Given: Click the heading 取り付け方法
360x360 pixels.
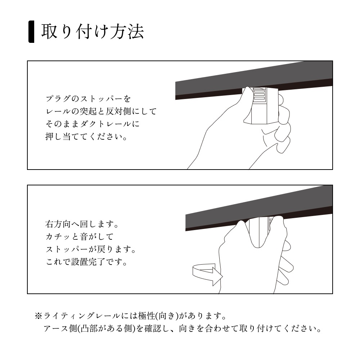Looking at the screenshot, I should [93, 32].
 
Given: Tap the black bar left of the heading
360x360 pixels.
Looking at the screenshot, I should [31, 32].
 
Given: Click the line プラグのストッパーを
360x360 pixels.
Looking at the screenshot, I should [88, 98].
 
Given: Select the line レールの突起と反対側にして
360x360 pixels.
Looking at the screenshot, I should [101, 111].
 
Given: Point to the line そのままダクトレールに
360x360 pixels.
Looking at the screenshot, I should [92, 124].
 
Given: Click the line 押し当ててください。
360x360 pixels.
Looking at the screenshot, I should [86, 137].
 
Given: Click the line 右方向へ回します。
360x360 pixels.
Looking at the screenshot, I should [82, 224].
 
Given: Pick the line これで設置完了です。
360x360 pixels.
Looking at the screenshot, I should [86, 262].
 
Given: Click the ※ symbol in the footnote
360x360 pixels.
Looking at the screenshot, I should [39, 316].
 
